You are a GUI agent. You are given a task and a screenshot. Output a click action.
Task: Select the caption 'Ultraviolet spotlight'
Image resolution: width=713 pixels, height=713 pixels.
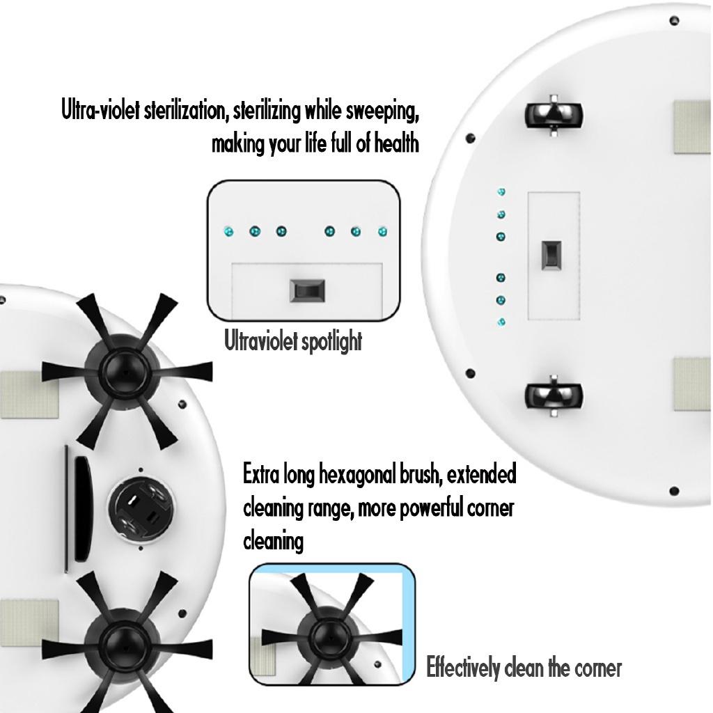[293, 342]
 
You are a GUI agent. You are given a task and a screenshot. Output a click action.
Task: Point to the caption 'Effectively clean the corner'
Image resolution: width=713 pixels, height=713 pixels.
[524, 668]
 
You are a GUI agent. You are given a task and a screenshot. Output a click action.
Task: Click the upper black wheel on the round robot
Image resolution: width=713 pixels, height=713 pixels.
[553, 113]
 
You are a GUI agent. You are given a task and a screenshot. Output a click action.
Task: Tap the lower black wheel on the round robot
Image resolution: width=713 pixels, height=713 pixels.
[553, 395]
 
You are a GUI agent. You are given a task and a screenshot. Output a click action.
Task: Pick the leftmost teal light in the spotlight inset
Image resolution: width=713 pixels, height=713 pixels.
[227, 230]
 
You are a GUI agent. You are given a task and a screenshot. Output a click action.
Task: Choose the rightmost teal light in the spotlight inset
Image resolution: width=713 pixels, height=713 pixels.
[382, 230]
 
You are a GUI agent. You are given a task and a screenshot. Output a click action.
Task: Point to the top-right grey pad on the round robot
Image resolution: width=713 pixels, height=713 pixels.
[692, 127]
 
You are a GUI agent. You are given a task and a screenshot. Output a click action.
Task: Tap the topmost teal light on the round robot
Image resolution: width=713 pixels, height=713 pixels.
[501, 191]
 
